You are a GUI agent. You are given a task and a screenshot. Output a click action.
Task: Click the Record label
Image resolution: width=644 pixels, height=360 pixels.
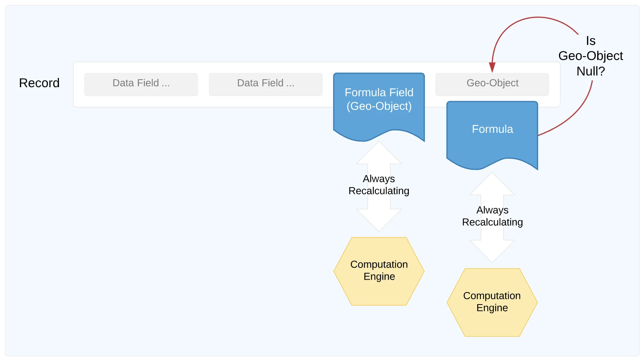coord(39,83)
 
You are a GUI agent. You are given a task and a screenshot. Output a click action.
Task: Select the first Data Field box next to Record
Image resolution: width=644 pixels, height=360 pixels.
coord(141,84)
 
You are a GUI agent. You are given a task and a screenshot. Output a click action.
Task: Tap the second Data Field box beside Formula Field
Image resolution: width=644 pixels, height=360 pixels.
coord(265,84)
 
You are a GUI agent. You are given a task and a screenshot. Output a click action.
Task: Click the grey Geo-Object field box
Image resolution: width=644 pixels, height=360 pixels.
coord(492,83)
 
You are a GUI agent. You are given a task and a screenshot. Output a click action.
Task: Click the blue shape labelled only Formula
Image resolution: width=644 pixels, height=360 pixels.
coord(492,140)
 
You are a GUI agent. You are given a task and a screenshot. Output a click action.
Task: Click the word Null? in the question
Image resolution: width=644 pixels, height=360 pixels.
coord(590,71)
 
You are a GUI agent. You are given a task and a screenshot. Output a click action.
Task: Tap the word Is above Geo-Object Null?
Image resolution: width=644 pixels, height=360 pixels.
coord(590,41)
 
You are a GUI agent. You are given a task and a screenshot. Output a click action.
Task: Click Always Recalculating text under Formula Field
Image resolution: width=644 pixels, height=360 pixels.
coord(379,185)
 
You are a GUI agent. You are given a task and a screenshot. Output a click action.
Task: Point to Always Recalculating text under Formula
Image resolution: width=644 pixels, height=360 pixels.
coord(492,216)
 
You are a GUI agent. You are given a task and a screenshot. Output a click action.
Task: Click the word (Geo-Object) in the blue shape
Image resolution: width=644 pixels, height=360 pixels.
coord(379,106)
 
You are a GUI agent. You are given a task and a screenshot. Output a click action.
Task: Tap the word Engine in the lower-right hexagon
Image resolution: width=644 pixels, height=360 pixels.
coord(492,308)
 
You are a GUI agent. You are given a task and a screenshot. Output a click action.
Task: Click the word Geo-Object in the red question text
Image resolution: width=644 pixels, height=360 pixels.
coord(590,56)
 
